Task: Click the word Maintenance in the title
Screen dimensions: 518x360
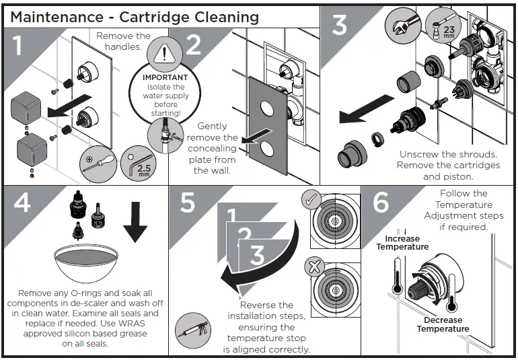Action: point(57,17)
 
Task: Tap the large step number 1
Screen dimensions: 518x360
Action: point(18,45)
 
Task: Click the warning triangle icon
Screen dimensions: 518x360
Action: point(164,54)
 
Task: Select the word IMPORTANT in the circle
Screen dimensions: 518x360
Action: point(165,77)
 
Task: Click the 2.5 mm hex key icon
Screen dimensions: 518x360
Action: point(138,164)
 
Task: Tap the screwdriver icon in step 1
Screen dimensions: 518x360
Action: point(98,164)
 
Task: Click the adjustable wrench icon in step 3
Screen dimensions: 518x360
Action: point(402,25)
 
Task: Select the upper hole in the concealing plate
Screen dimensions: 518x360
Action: point(267,108)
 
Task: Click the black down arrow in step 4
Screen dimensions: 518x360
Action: point(135,223)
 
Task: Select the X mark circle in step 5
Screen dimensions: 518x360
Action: point(315,266)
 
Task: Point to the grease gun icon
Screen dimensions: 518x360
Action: point(193,330)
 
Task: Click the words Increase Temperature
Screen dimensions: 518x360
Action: point(402,243)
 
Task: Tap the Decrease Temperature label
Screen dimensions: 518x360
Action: point(443,324)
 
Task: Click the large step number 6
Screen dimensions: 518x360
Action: point(381,202)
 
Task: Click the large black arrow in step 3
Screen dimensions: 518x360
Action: point(367,110)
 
